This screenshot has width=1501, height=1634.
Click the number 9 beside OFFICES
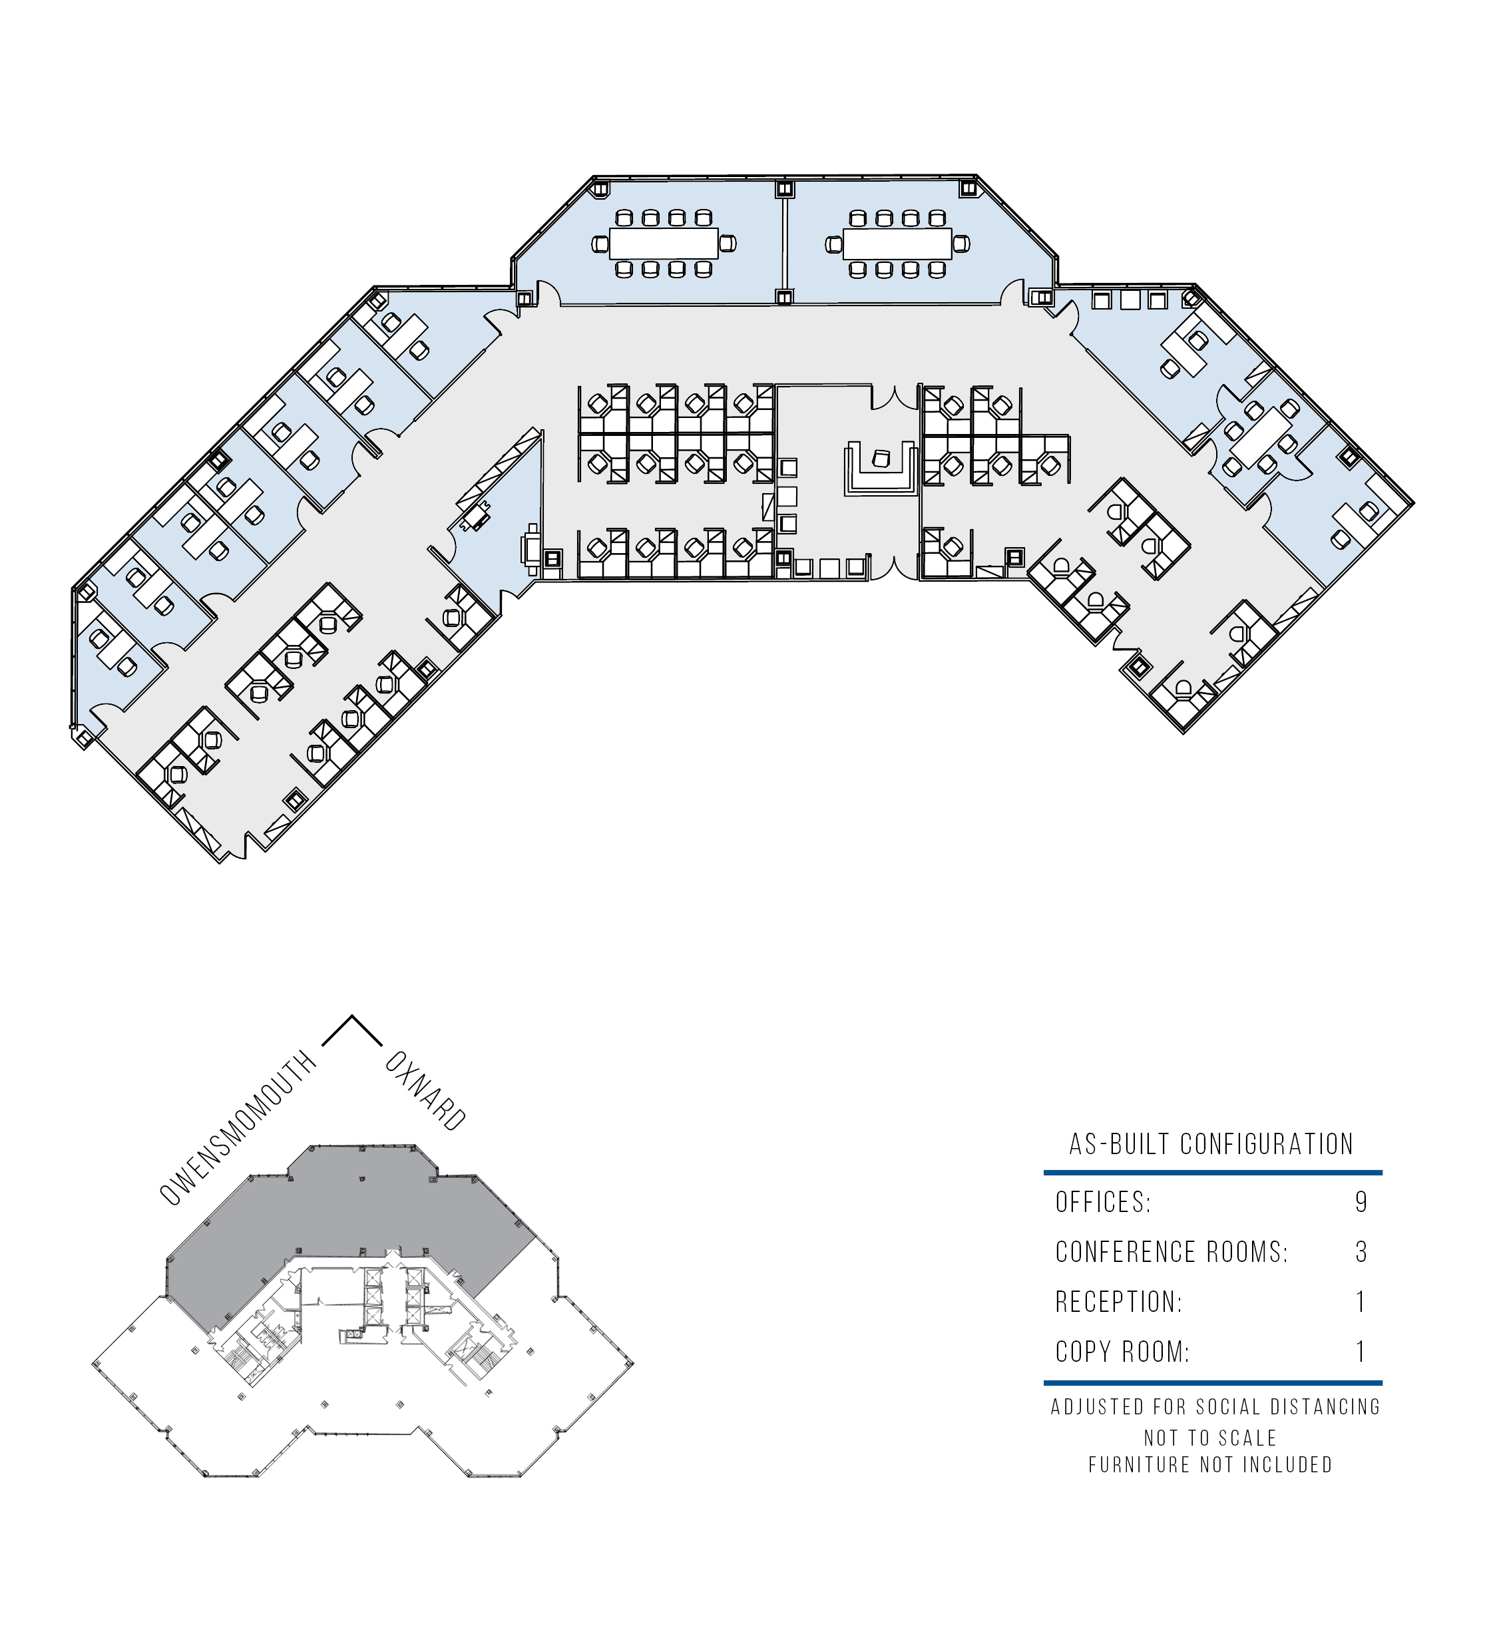pos(1361,1202)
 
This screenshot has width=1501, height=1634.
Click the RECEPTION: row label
pos(1118,1302)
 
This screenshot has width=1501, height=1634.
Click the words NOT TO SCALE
pos(1210,1438)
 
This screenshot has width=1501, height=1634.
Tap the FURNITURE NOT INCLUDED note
pos(1210,1465)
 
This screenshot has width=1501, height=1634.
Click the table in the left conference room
pos(664,243)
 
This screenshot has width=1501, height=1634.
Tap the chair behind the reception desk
pos(881,458)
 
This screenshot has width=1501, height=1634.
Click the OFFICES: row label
pos(1103,1202)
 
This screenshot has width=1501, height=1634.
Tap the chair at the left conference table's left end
pos(600,244)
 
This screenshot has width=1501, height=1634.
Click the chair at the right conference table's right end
pos(961,244)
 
